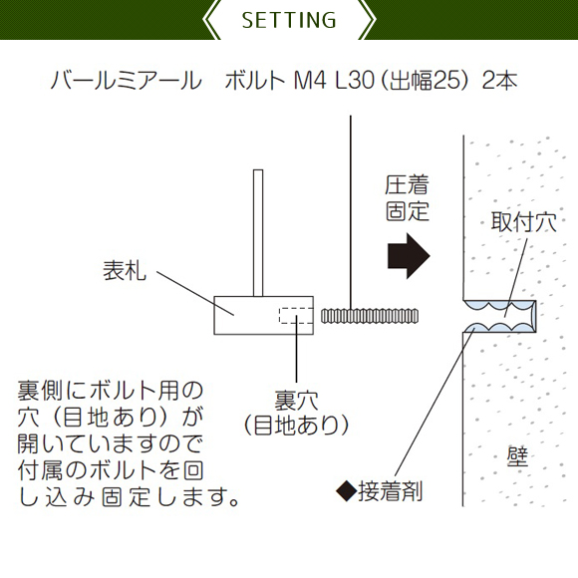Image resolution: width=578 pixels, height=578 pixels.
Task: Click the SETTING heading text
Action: (289, 20)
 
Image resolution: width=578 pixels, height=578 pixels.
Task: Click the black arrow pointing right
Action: (409, 255)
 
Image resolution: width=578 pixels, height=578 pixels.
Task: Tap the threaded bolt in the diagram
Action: (370, 316)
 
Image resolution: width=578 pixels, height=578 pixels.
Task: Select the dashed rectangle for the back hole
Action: (296, 316)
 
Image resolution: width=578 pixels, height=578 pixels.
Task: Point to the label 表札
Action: (125, 271)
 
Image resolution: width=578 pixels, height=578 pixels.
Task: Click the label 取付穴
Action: (523, 222)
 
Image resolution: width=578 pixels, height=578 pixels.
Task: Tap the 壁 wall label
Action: (517, 457)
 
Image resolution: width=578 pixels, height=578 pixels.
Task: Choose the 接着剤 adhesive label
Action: (390, 491)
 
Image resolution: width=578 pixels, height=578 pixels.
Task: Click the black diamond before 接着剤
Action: (347, 491)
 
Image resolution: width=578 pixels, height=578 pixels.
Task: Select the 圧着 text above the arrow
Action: (407, 185)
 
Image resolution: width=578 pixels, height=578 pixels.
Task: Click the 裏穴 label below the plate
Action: (296, 401)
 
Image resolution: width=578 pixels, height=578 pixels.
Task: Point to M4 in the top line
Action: (310, 81)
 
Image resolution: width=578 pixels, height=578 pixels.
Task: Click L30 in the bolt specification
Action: (355, 81)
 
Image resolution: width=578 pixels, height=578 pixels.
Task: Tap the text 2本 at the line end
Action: (499, 81)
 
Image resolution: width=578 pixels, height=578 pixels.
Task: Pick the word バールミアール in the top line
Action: (127, 81)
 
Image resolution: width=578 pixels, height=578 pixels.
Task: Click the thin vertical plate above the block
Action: (258, 233)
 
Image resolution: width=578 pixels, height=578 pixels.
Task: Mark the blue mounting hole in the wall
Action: (499, 316)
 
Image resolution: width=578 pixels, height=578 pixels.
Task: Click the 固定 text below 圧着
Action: (408, 211)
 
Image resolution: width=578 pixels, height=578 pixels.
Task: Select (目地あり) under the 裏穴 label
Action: (296, 426)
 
